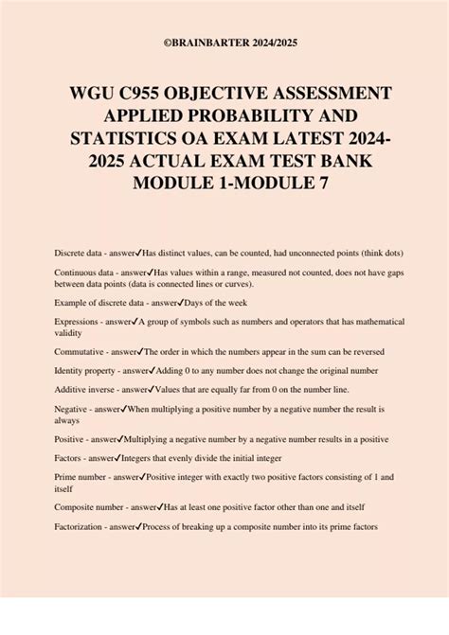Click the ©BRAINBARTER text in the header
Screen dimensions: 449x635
[195, 42]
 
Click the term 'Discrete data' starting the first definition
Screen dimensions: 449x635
[81, 255]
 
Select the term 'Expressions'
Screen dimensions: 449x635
[78, 322]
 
